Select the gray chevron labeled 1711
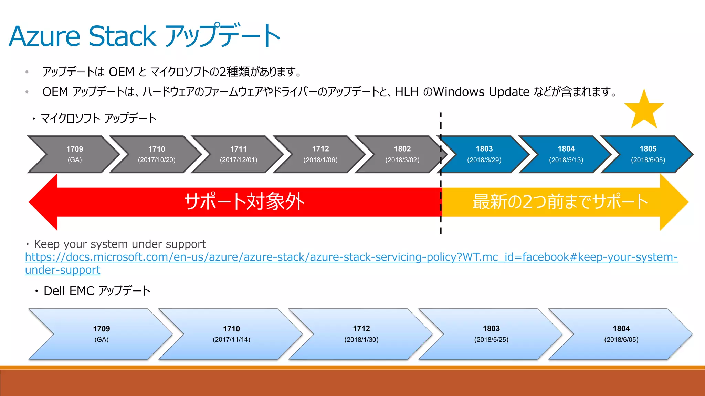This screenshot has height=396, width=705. tap(239, 154)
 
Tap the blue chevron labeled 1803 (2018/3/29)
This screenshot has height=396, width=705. tap(484, 154)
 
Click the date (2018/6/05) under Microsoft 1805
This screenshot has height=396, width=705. tap(648, 160)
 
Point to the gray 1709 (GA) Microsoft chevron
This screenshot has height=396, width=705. tap(75, 154)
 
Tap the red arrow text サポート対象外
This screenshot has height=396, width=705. tap(244, 202)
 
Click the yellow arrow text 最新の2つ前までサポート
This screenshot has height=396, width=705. tap(560, 202)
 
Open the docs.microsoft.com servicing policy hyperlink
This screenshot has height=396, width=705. tap(351, 257)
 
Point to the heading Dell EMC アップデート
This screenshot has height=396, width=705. tap(97, 291)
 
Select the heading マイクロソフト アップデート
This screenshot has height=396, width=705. tap(98, 119)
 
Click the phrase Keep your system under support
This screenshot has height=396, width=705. tap(120, 244)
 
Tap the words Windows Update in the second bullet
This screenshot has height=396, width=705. tap(481, 92)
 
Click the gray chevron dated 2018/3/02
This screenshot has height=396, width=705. tap(402, 154)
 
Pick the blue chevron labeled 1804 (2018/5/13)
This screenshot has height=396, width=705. tap(566, 154)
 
